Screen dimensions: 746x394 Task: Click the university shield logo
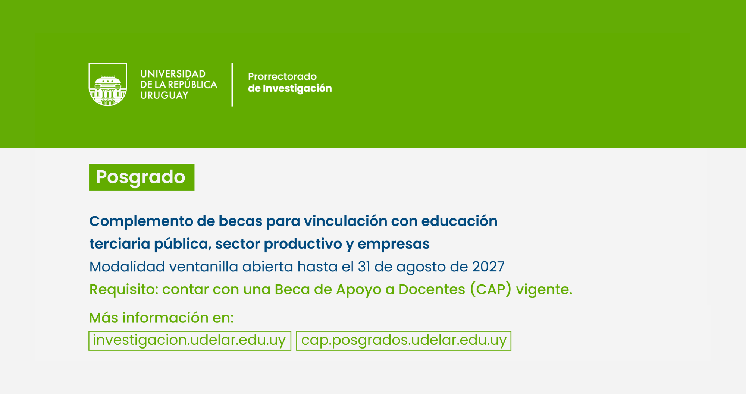click(x=108, y=85)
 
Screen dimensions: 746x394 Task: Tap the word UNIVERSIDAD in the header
click(x=173, y=74)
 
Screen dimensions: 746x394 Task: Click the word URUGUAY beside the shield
click(x=164, y=95)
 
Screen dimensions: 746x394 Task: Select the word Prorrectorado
click(x=282, y=76)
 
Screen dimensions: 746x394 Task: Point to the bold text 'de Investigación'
click(x=290, y=88)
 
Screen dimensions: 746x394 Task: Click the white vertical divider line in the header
click(x=232, y=85)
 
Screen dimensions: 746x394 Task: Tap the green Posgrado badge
click(x=142, y=177)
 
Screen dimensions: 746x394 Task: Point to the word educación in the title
click(x=459, y=221)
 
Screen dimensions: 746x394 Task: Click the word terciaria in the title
click(x=119, y=244)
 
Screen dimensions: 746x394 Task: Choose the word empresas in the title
click(x=394, y=244)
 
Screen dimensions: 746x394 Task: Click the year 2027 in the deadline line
click(x=488, y=267)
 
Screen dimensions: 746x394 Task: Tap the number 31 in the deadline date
click(x=364, y=267)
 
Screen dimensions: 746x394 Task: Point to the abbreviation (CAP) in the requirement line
click(x=491, y=289)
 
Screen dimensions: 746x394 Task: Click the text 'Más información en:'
click(x=162, y=318)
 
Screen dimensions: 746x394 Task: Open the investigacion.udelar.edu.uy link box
click(x=190, y=341)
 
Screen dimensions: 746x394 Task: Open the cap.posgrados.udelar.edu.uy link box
click(x=404, y=341)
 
